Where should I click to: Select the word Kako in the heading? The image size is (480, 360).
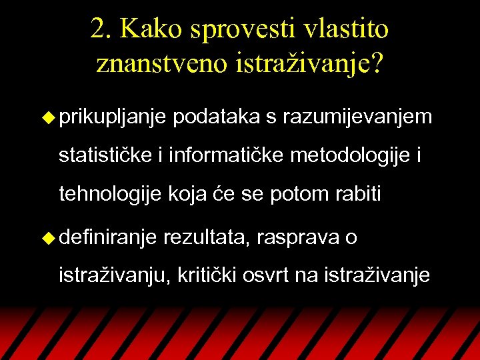point(151,29)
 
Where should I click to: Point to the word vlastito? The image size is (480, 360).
point(345,29)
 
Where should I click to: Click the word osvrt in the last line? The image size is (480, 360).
point(273,275)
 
